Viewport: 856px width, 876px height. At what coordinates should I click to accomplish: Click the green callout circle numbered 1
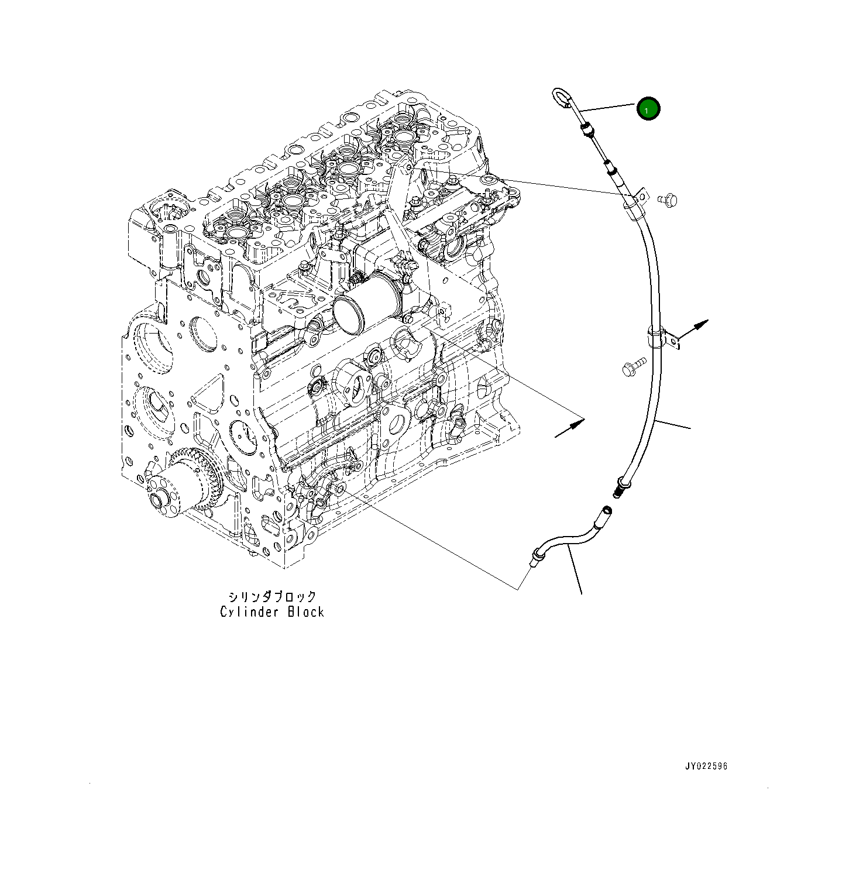[x=648, y=109]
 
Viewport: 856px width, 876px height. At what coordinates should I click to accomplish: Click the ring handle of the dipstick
[x=561, y=98]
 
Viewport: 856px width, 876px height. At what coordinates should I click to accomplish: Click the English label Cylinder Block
[x=271, y=612]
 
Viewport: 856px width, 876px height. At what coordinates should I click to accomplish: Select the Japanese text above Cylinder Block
[x=272, y=596]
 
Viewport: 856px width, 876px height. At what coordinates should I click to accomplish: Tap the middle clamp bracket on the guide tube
[x=662, y=339]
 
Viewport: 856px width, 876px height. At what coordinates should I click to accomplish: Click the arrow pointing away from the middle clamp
[x=696, y=327]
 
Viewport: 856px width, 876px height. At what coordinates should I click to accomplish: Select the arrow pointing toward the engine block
[x=569, y=427]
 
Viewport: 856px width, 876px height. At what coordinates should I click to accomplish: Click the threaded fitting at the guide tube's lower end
[x=621, y=486]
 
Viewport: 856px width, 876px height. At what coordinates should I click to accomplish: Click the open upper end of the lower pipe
[x=606, y=513]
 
